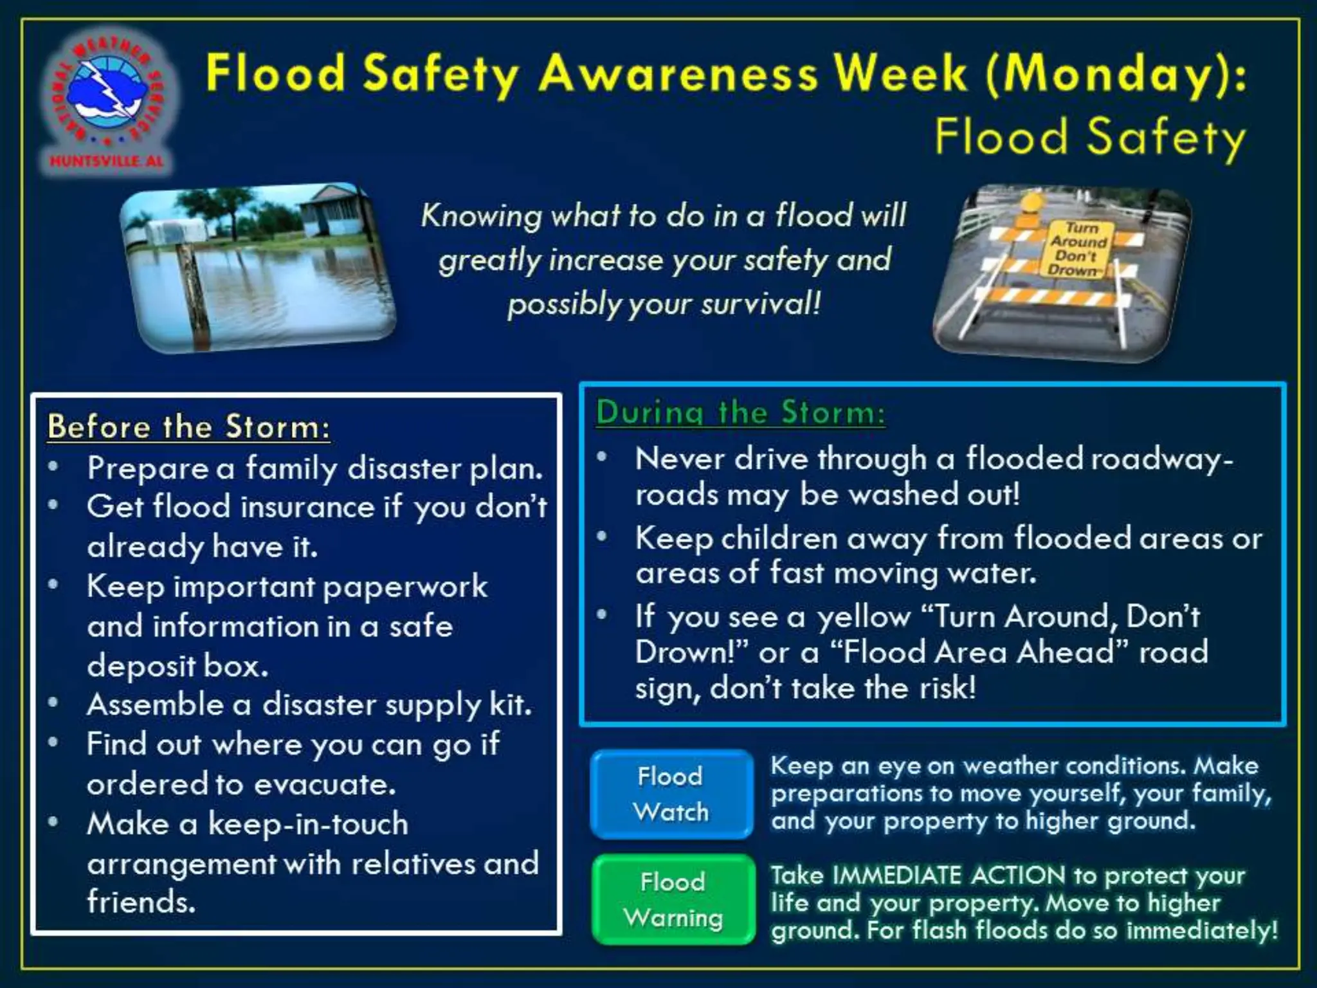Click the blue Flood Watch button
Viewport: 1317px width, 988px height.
click(x=671, y=794)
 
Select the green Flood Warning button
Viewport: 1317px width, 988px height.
click(x=673, y=899)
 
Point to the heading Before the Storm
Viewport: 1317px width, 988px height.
click(x=188, y=427)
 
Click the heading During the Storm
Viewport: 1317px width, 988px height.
click(x=740, y=412)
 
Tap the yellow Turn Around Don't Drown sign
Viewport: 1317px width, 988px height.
click(x=1078, y=249)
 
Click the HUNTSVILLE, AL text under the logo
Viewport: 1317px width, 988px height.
click(x=107, y=161)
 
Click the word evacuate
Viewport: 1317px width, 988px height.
click(x=325, y=785)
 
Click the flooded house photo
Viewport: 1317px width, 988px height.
click(x=257, y=267)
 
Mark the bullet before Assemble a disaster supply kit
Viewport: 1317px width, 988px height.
click(x=53, y=702)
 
